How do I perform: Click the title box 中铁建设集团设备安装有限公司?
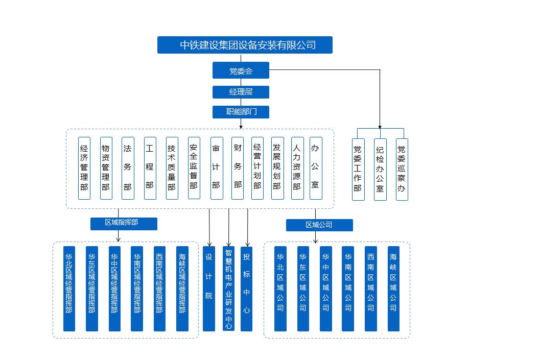[x=245, y=45]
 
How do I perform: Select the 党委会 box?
[x=241, y=70]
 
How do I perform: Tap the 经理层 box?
[x=241, y=92]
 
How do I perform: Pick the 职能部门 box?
[x=241, y=112]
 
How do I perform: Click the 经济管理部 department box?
[x=84, y=168]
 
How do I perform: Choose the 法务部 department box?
[x=128, y=168]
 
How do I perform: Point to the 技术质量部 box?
[x=172, y=168]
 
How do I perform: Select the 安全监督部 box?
[x=194, y=168]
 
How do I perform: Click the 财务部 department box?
[x=237, y=168]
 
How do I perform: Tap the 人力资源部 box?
[x=297, y=168]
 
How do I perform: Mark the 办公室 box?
[x=316, y=168]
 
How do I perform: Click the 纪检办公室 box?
[x=380, y=170]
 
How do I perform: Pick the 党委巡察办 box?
[x=402, y=170]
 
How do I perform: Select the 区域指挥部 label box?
[x=124, y=224]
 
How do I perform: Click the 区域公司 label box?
[x=319, y=225]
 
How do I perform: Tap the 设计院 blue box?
[x=209, y=289]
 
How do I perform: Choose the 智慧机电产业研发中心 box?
[x=229, y=289]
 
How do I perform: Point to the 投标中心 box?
[x=246, y=289]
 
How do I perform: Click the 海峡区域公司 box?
[x=393, y=289]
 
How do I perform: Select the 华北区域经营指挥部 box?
[x=69, y=289]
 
